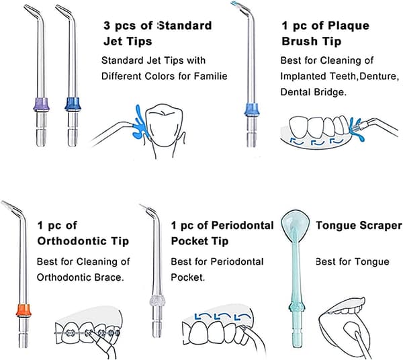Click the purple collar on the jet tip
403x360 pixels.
(x=41, y=104)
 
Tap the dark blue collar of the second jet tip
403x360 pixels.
(x=73, y=104)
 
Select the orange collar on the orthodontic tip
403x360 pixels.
(x=24, y=310)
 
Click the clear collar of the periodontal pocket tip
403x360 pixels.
(x=157, y=301)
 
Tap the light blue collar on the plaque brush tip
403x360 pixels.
(x=252, y=109)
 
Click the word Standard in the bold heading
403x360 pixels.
(x=185, y=26)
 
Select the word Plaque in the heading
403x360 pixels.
(x=349, y=26)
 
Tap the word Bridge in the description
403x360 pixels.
(x=332, y=92)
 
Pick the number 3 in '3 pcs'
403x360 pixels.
(x=107, y=26)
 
